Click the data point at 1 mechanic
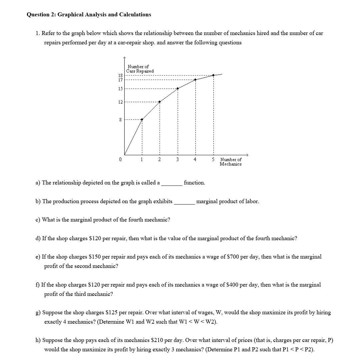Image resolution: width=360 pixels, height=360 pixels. click(x=142, y=119)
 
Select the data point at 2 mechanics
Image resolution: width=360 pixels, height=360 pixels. click(x=160, y=102)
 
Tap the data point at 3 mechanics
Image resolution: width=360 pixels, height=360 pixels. click(x=178, y=88)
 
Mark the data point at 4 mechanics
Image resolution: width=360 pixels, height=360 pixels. click(x=195, y=80)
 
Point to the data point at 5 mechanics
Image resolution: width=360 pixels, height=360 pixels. click(x=213, y=75)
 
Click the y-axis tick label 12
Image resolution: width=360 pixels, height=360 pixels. click(x=120, y=102)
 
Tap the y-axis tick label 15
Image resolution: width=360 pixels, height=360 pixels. click(x=120, y=88)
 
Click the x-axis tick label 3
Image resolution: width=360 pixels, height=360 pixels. click(x=177, y=159)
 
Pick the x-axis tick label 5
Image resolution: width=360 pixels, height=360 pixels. click(x=213, y=159)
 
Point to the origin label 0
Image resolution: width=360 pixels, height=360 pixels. click(x=120, y=159)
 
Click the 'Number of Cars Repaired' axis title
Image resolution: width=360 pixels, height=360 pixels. click(x=140, y=69)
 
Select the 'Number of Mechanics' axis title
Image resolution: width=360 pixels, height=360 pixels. click(x=231, y=162)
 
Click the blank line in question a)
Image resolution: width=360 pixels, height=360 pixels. click(x=172, y=183)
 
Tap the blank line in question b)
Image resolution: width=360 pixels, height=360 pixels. click(x=184, y=202)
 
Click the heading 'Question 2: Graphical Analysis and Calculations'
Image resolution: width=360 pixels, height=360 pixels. click(x=89, y=15)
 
